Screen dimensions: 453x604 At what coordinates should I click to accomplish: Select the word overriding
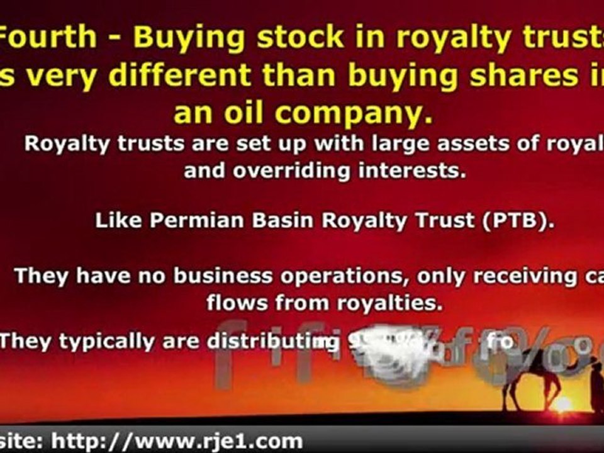point(290,170)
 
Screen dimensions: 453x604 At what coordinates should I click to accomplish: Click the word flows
point(236,303)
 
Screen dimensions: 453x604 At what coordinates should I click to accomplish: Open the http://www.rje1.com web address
point(177,440)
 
